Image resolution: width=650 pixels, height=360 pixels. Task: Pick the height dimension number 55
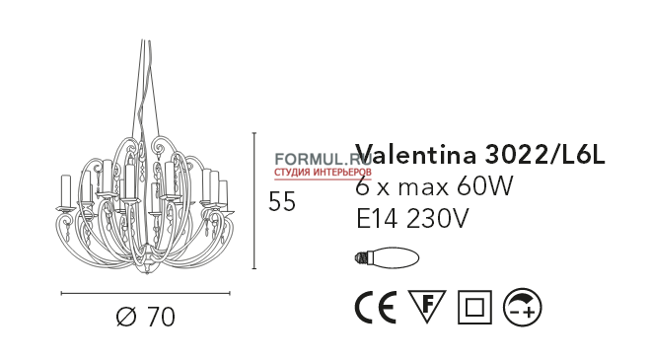click(282, 201)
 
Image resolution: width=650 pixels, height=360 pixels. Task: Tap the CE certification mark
click(375, 309)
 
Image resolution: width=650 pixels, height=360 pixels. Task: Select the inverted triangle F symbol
click(427, 308)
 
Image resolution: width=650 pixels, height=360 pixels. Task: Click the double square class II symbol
click(475, 309)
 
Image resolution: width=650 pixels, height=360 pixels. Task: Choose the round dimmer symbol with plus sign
click(523, 309)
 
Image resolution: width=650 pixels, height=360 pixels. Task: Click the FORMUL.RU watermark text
click(315, 157)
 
